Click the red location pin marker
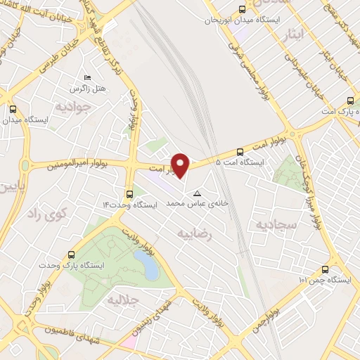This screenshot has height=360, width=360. coord(181,165)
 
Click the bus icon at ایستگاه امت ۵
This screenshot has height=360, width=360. coord(240,151)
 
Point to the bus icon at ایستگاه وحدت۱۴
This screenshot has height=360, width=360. coord(129,193)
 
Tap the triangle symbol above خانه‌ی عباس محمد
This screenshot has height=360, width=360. coord(197,193)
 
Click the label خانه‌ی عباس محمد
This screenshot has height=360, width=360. coord(191,203)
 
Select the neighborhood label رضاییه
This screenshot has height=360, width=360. coord(194,233)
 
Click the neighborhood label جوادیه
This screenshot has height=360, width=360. coord(70,106)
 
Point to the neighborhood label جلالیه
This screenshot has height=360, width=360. coord(123,301)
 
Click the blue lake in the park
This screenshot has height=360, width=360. coord(148,265)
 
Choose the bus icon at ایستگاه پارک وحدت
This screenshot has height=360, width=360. coord(71,255)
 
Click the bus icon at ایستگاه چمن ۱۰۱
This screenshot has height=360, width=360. coord(325,269)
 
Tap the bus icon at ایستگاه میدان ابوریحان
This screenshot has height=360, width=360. coord(242,10)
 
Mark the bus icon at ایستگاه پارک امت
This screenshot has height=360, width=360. coord(349,101)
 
